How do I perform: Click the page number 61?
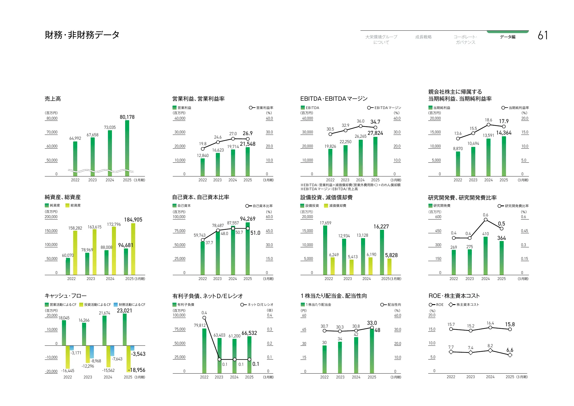[x=542, y=35]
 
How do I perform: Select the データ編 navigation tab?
[x=507, y=37]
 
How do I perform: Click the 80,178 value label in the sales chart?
[x=127, y=117]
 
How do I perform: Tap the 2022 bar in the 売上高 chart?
[x=75, y=158]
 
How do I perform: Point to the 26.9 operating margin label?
[x=248, y=133]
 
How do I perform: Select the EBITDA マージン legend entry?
[x=384, y=108]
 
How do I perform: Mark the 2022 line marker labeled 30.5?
[x=330, y=134]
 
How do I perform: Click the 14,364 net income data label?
[x=504, y=133]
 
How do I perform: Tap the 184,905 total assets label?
[x=133, y=220]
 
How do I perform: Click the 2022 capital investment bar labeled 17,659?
[x=325, y=250]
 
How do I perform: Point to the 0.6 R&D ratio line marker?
[x=486, y=220]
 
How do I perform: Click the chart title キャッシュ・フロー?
[x=65, y=296]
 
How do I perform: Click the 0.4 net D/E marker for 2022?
[x=204, y=318]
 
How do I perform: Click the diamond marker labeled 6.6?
[x=510, y=355]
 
